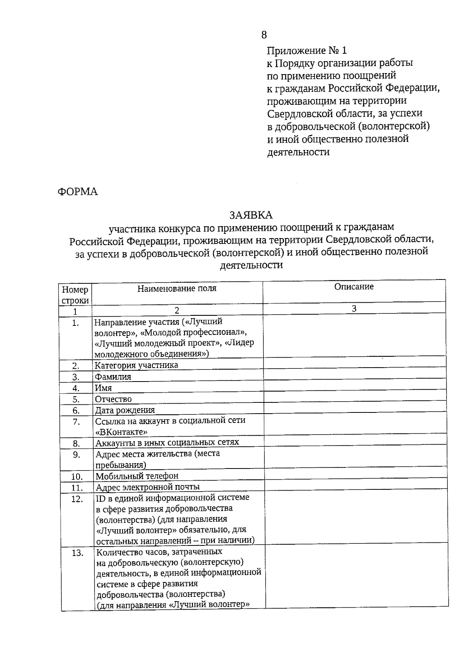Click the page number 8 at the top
[x=264, y=35]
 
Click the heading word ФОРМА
[x=78, y=192]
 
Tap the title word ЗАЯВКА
[x=251, y=215]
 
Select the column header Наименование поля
[x=177, y=288]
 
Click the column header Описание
[x=354, y=287]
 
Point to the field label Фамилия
[x=113, y=377]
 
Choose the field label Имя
[x=104, y=388]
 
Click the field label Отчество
[x=114, y=399]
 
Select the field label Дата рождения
[x=125, y=410]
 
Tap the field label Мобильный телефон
[x=137, y=476]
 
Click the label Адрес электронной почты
[x=148, y=487]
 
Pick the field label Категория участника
[x=136, y=365]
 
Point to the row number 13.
[x=77, y=553]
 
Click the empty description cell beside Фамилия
[x=355, y=376]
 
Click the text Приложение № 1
[x=307, y=51]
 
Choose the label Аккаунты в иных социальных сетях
[x=167, y=443]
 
